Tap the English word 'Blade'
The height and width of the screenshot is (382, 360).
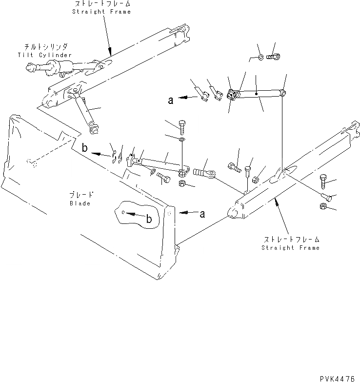(x=80, y=203)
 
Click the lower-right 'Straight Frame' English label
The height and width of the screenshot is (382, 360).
(x=290, y=247)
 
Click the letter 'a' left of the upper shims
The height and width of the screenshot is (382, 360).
(x=171, y=101)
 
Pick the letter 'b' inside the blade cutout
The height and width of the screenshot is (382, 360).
(x=150, y=220)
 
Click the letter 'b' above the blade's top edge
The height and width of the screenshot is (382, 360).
(x=84, y=149)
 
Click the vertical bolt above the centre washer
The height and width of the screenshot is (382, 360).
(x=182, y=127)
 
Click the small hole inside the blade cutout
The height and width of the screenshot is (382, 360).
(x=124, y=212)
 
